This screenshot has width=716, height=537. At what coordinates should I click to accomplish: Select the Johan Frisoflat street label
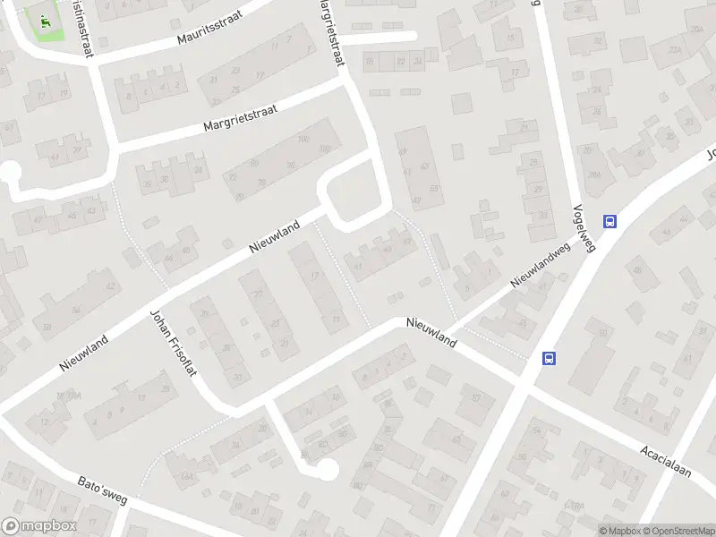click(x=175, y=343)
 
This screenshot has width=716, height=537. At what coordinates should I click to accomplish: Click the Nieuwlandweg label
click(x=541, y=268)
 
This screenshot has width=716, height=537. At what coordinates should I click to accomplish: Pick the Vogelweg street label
click(x=584, y=224)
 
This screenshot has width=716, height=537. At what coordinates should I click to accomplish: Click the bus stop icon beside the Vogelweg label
click(x=610, y=222)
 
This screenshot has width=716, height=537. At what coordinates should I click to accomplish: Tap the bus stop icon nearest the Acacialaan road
click(x=549, y=358)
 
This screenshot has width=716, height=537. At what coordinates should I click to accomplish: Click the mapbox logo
click(x=38, y=526)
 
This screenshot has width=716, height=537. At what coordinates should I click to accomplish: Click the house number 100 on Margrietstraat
click(x=303, y=140)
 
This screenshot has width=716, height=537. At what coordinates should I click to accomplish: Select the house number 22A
click(x=674, y=51)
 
